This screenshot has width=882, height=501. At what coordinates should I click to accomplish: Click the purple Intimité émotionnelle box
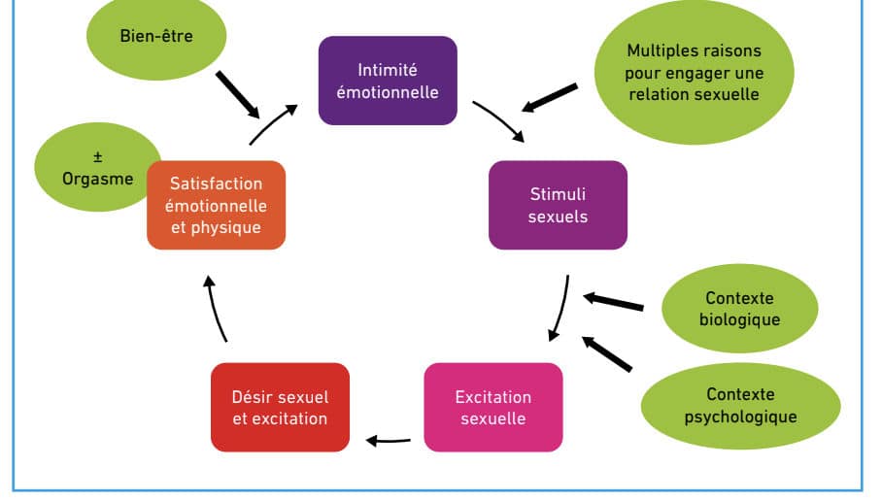point(388,81)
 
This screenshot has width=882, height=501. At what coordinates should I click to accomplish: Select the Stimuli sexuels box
point(558,205)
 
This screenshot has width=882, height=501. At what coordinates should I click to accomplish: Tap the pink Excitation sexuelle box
point(493,407)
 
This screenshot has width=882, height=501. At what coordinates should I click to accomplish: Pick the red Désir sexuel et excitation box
point(280,407)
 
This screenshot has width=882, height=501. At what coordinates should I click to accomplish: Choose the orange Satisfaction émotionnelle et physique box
point(216,205)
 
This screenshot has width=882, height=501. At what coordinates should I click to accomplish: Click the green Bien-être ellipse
point(156,37)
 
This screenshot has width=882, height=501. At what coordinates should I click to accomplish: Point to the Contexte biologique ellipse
point(739,308)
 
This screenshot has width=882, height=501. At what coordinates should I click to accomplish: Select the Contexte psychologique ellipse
point(741,406)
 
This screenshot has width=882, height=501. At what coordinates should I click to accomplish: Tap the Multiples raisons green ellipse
point(695,72)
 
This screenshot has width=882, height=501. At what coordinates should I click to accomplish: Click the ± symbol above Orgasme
point(98,157)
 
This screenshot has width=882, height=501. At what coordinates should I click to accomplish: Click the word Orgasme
point(98,179)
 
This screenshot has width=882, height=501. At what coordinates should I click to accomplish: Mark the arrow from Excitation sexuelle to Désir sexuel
point(389,441)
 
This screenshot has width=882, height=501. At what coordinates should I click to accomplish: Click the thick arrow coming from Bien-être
point(238,94)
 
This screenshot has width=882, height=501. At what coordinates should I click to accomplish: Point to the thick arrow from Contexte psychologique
point(606,353)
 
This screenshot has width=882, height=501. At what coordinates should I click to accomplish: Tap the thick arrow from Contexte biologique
point(613,301)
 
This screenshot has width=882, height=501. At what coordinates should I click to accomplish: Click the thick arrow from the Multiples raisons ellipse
point(549,98)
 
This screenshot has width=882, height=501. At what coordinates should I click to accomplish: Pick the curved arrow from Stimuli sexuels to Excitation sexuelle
point(560,308)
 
